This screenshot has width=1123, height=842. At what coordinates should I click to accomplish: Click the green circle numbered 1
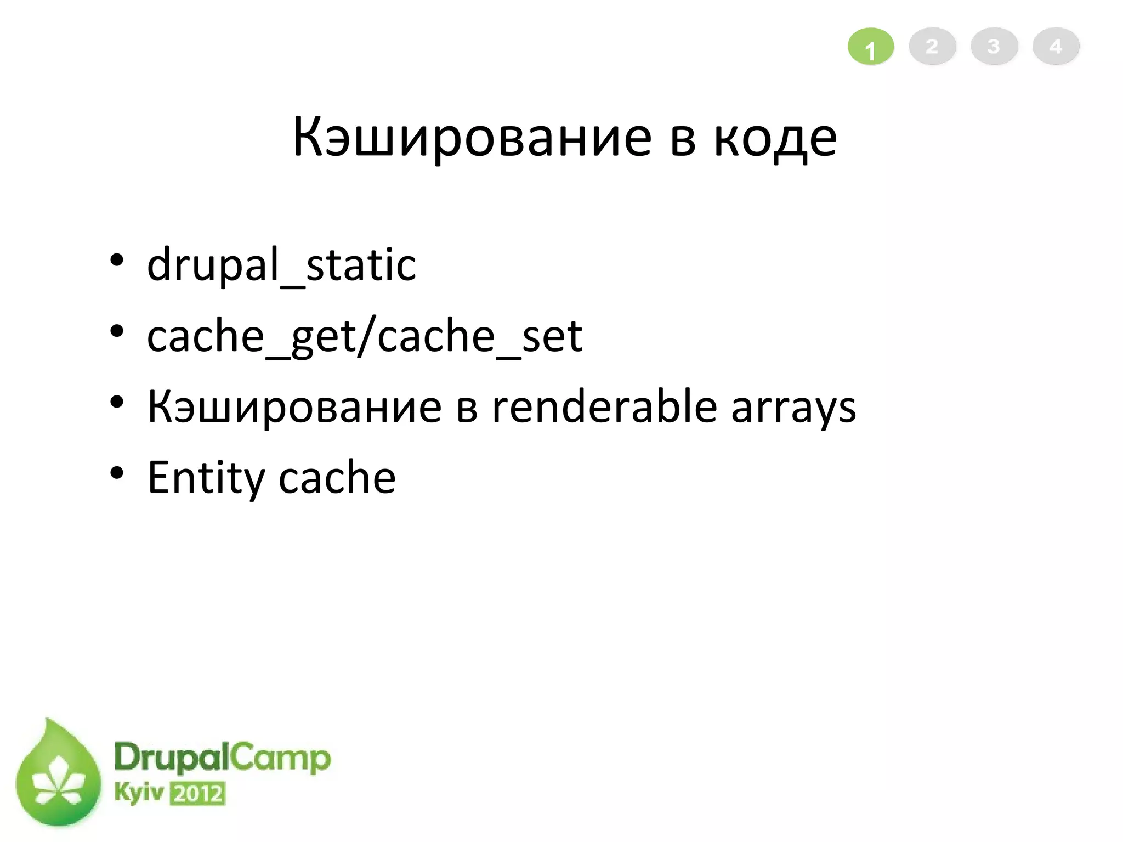point(871,47)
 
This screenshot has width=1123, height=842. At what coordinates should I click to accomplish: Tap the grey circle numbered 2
point(932,47)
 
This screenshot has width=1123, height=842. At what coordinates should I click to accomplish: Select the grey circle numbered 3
point(994,47)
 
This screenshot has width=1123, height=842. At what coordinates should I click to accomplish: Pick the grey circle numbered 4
point(1056,47)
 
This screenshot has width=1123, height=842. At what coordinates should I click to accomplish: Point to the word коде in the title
point(775,138)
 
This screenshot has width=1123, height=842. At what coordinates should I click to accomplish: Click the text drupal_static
point(281,265)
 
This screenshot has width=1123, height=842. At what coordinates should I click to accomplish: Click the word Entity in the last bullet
point(206,478)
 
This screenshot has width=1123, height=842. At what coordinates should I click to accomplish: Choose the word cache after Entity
point(337,477)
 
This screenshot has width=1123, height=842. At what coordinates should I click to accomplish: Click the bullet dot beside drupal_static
point(116,260)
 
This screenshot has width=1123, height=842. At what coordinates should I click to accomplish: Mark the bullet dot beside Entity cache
point(116,472)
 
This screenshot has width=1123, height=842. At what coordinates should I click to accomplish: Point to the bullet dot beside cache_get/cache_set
point(116,331)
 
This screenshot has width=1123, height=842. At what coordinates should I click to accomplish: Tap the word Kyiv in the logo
point(139,793)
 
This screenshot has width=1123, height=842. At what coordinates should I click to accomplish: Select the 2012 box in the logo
point(197,794)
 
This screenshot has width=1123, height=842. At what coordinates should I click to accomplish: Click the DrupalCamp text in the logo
point(222,758)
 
